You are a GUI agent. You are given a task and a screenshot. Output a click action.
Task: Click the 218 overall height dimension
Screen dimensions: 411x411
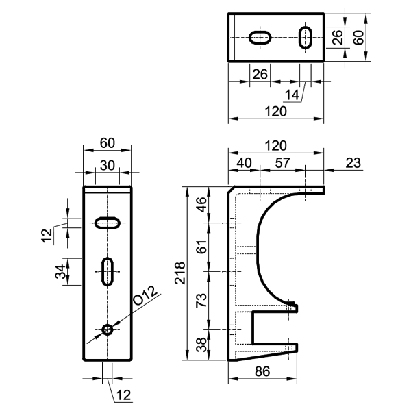(180, 273)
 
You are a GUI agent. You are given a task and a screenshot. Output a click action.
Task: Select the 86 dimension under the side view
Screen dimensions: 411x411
(262, 371)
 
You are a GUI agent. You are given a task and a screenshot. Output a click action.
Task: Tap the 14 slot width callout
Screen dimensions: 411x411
(292, 95)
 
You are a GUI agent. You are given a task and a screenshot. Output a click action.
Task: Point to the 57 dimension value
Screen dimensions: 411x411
(282, 163)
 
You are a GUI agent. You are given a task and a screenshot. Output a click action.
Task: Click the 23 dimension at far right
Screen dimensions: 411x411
(353, 163)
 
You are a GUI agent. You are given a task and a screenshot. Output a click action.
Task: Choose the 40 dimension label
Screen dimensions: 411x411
(244, 163)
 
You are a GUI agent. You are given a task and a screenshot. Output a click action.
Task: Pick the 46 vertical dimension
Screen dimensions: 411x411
(201, 204)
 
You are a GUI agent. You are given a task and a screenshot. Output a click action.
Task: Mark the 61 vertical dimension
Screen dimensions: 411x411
(201, 247)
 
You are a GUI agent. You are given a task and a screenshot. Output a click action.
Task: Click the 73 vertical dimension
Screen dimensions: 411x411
(201, 301)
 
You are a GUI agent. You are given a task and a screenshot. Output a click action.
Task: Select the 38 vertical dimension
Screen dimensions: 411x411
(201, 345)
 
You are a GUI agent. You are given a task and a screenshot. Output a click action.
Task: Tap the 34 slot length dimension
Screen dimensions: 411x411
(60, 271)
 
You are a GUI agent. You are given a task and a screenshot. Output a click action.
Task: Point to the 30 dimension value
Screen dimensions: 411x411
(108, 166)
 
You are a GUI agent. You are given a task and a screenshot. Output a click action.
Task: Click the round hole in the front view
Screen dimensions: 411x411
(108, 329)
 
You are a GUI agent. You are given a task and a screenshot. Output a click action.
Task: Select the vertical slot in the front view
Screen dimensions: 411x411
(108, 271)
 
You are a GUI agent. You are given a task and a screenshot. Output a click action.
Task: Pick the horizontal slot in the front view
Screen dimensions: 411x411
(108, 223)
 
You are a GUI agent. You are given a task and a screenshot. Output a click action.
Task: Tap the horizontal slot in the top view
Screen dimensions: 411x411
(260, 38)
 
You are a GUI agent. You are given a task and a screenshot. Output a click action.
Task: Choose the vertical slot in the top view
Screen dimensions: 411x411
(306, 38)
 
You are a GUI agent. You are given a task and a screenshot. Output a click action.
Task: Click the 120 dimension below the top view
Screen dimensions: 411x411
(276, 112)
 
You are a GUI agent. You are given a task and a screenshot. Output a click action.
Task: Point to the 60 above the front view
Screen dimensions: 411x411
(108, 143)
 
